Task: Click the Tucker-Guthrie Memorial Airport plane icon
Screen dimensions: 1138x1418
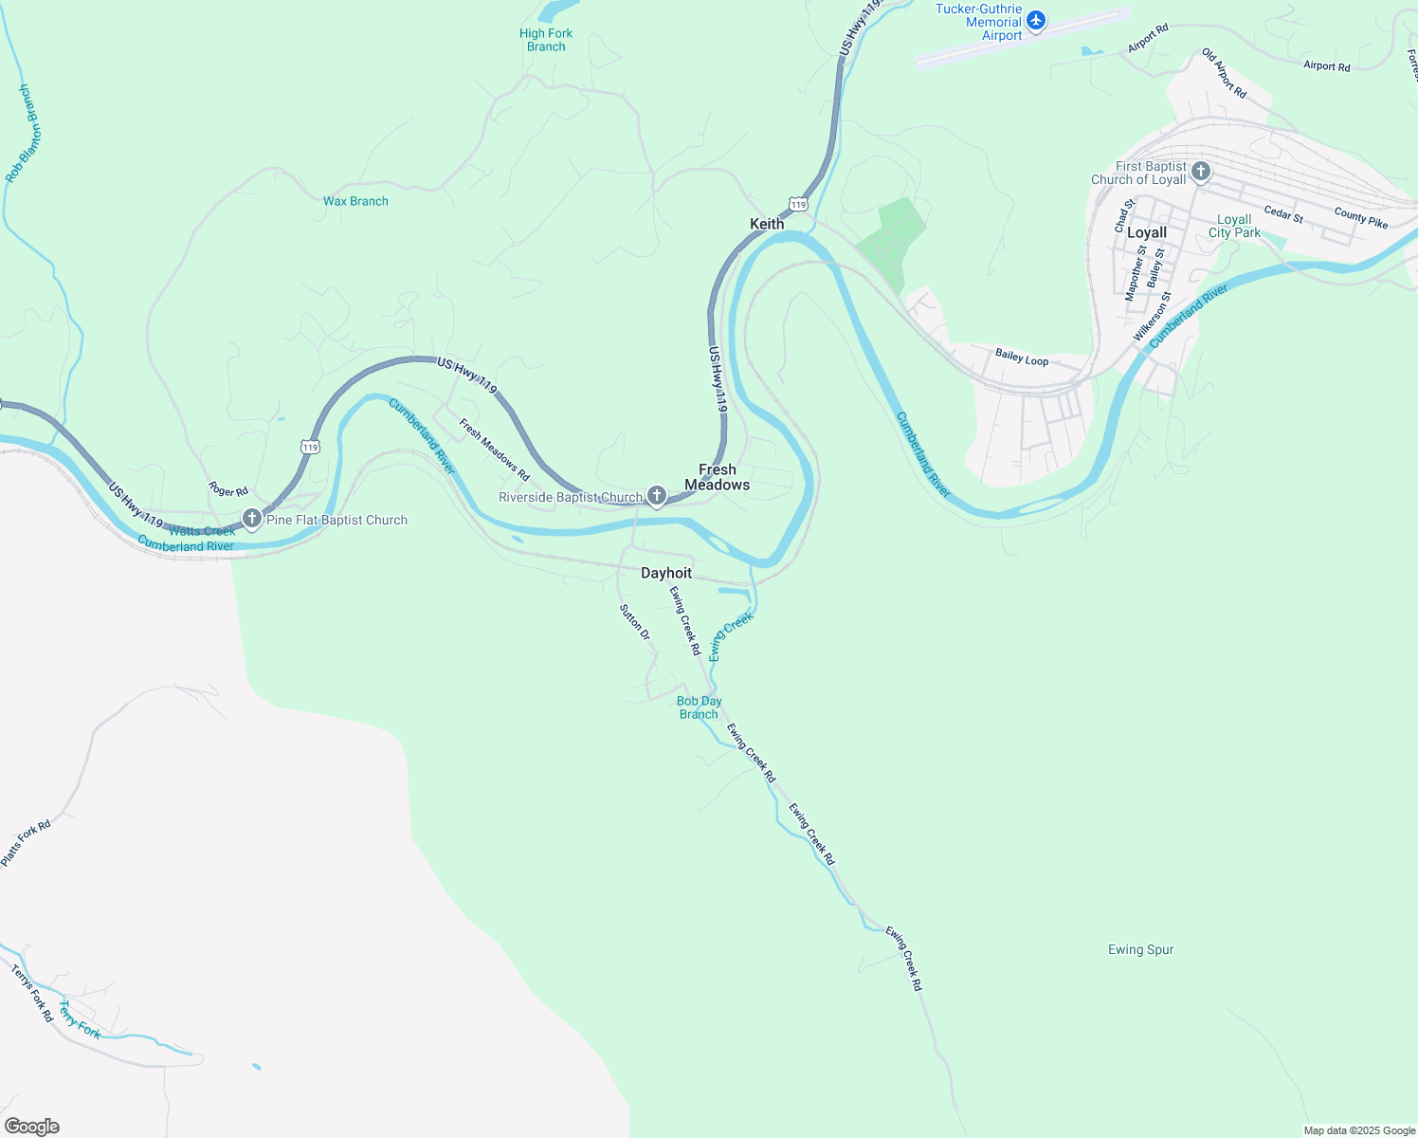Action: click(1036, 20)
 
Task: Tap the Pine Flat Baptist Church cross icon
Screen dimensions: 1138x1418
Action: click(252, 519)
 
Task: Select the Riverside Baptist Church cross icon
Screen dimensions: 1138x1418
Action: click(656, 496)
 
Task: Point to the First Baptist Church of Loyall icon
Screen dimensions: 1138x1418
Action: click(1201, 172)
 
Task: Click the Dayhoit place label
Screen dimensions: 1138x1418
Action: click(666, 573)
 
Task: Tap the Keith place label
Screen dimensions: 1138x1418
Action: click(767, 224)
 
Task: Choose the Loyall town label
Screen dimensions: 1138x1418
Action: click(1147, 232)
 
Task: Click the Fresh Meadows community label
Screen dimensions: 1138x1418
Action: click(718, 477)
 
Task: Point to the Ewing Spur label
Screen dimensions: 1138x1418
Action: click(1140, 949)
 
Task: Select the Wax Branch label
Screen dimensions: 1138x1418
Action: click(355, 201)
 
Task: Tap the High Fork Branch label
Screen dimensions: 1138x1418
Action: click(546, 40)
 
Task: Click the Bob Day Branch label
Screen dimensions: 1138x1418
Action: click(700, 707)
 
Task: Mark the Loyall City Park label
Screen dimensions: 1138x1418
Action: click(1234, 226)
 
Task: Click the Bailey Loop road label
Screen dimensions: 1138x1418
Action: click(1022, 358)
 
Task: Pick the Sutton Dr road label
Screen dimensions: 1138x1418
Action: click(635, 622)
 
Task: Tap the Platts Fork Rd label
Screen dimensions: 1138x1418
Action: click(26, 842)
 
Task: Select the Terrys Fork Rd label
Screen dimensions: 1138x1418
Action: click(32, 992)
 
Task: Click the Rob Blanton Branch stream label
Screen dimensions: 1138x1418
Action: click(18, 134)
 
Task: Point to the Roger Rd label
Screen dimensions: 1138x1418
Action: click(228, 490)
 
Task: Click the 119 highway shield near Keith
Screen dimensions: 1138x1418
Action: click(798, 205)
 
